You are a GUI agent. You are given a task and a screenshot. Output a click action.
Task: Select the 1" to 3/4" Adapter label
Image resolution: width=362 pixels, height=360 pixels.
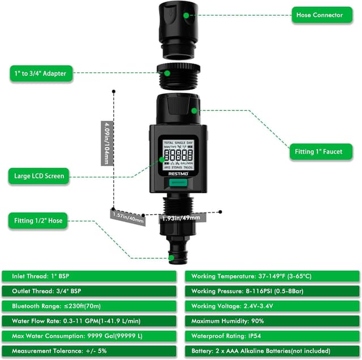pos(41,73)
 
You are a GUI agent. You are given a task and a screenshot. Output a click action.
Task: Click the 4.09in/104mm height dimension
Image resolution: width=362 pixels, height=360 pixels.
pos(106,143)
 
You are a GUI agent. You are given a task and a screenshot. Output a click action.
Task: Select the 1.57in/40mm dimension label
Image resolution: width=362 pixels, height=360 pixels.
pos(127,215)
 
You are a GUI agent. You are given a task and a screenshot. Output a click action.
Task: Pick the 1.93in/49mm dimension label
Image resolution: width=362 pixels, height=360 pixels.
pos(181,218)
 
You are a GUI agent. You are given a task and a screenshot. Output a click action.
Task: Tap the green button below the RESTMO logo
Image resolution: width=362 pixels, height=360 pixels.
pos(176,183)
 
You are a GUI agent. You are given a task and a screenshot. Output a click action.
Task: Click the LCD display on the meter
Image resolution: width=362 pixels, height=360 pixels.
pos(176,153)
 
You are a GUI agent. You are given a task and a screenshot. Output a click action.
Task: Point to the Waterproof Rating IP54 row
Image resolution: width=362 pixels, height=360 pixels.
pos(272,335)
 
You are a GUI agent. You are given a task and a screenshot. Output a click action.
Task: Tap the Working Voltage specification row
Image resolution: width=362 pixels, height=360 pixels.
pos(272,306)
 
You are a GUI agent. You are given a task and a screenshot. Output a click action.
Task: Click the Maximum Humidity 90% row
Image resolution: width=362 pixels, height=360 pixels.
pos(272,320)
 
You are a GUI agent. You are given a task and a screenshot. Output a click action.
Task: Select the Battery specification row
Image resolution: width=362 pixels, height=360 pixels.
pos(272,350)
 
